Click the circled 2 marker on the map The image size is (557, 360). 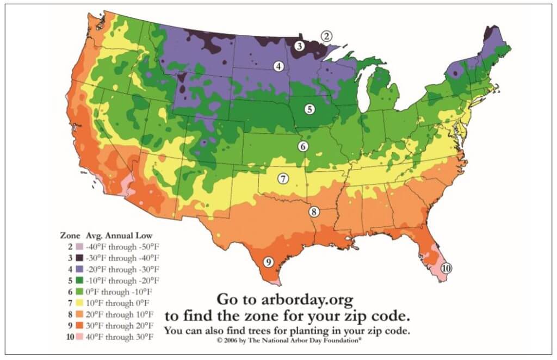point(326,36)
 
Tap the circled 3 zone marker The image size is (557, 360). point(299,46)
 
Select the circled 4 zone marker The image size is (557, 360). point(279,66)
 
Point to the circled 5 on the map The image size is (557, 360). point(310,109)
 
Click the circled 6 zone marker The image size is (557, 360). point(303,146)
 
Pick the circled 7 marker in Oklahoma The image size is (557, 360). point(283,178)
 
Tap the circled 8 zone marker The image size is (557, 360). point(314,212)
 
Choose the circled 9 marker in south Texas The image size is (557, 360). point(268,262)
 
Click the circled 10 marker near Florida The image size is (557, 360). point(446,268)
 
